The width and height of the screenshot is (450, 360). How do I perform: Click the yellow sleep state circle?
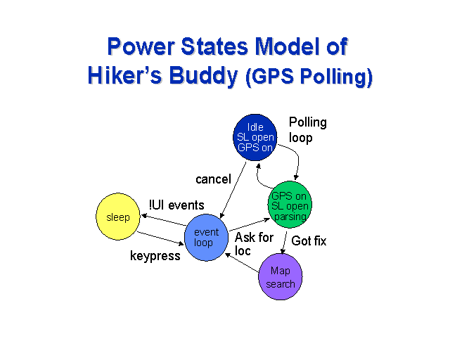[118, 217]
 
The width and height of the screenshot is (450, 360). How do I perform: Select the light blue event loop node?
[206, 238]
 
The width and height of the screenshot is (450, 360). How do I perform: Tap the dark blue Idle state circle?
[255, 137]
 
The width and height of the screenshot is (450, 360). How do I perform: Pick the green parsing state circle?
[290, 205]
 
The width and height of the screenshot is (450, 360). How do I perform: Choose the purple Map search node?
[281, 276]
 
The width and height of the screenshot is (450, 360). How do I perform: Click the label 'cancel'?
[213, 179]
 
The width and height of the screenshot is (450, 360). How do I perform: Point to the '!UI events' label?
[176, 205]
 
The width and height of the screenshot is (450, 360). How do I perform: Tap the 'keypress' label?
[155, 255]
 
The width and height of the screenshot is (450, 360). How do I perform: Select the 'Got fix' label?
[309, 240]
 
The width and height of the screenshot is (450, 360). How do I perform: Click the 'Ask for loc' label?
[254, 244]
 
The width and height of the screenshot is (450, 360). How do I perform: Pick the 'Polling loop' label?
[308, 130]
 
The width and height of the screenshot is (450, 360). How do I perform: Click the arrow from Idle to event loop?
[233, 190]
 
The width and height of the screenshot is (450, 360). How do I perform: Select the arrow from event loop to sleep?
[164, 220]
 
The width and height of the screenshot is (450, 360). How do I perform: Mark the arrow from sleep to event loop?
[160, 238]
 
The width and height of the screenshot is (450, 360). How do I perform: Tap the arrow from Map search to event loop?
[242, 262]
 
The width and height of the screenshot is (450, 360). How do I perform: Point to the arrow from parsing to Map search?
[284, 243]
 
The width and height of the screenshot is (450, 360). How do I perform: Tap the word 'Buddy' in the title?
[203, 76]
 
